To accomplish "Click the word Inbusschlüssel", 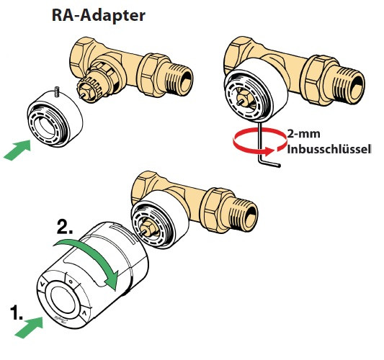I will (x=329, y=150).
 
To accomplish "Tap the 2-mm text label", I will (x=303, y=135).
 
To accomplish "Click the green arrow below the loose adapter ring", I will (x=19, y=150).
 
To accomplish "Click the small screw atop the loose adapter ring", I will (x=55, y=92).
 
